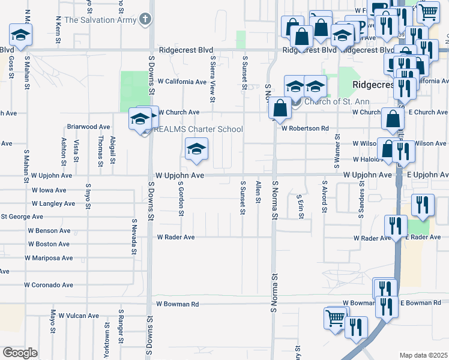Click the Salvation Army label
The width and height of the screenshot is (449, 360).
(x=100, y=20)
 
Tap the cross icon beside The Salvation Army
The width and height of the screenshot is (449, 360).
(x=144, y=19)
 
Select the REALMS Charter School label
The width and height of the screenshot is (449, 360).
(x=199, y=129)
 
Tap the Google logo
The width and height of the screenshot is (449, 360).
(x=20, y=353)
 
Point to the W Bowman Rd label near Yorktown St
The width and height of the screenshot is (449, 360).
(x=178, y=304)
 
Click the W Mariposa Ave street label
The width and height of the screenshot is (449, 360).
(x=49, y=258)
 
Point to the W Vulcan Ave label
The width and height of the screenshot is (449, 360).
(x=75, y=316)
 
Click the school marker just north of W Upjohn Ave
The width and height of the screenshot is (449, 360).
(x=196, y=150)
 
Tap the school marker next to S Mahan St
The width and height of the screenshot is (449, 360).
(x=20, y=35)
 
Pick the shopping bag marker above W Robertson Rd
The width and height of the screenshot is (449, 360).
(x=280, y=109)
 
